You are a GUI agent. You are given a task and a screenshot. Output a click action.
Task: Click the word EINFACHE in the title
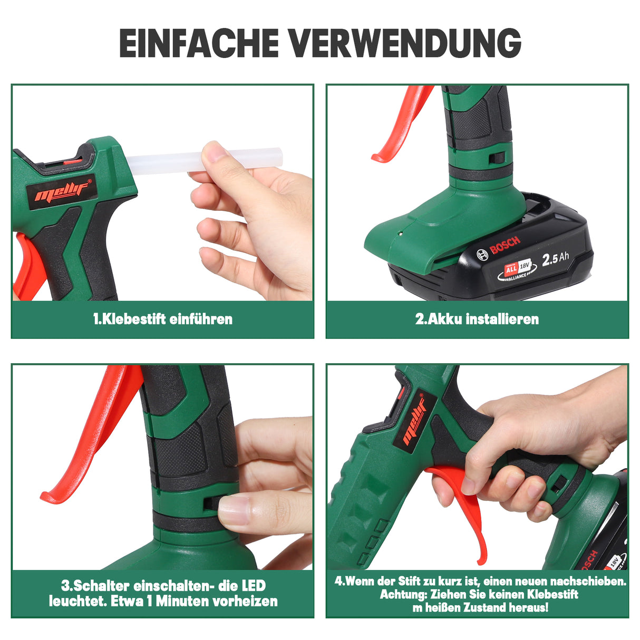[199, 43]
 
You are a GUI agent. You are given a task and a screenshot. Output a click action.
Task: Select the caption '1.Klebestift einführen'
[162, 319]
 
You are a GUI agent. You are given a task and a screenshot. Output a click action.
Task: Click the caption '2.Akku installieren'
[477, 319]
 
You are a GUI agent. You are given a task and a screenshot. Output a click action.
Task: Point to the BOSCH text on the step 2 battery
[505, 246]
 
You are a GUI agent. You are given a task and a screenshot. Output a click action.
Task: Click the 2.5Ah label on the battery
[556, 258]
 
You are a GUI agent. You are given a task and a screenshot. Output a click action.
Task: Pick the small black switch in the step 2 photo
[496, 158]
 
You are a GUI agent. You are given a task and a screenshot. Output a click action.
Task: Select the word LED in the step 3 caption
[254, 585]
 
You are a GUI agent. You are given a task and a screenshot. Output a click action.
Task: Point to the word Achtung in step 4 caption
[403, 594]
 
